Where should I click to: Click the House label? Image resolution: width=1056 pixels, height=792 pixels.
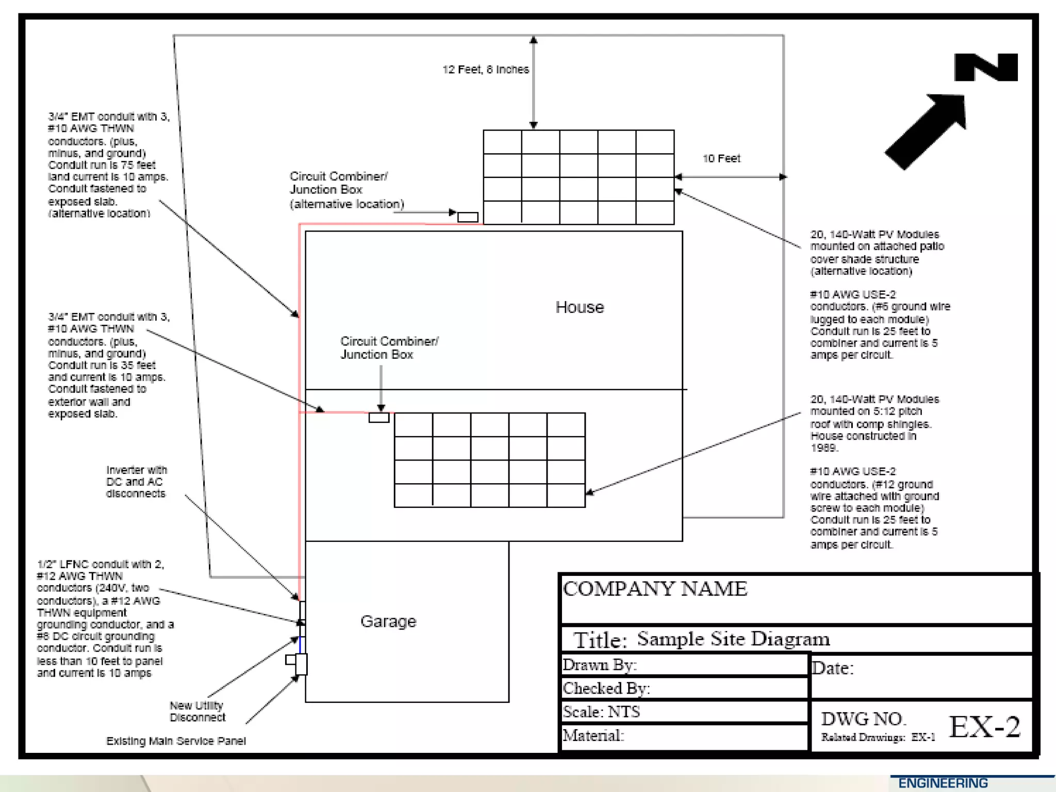(x=580, y=307)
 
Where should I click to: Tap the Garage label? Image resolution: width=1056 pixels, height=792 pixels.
(x=388, y=621)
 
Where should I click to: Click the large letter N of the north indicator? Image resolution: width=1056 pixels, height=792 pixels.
(x=986, y=68)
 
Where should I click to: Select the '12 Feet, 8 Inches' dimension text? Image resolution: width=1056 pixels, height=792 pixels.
(x=485, y=70)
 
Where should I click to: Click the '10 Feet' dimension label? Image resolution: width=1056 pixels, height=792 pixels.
(x=721, y=158)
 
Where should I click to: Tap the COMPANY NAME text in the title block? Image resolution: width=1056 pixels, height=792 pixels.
(x=655, y=589)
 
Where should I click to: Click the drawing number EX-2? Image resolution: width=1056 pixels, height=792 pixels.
(x=984, y=727)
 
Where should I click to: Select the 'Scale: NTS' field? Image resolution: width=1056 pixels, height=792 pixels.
(x=601, y=712)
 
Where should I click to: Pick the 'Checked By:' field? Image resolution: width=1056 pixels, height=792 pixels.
(x=606, y=688)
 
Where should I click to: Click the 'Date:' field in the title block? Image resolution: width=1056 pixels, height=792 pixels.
(x=833, y=669)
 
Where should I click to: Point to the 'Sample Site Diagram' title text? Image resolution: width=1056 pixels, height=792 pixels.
(x=733, y=639)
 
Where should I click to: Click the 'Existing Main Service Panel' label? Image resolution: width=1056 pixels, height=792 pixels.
(x=176, y=741)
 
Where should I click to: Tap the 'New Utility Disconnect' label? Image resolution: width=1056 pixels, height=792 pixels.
(x=197, y=712)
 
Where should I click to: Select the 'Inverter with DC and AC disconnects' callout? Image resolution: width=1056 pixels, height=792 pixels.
(x=137, y=482)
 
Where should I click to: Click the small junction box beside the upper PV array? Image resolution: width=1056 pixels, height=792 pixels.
(x=468, y=217)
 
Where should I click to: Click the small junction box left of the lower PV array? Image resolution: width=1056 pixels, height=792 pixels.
(x=379, y=418)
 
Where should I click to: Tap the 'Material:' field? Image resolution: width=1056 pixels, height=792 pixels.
(x=593, y=736)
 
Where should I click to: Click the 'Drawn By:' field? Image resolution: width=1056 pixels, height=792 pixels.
(x=600, y=665)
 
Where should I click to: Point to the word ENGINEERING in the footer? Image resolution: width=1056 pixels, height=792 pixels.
(x=943, y=783)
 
